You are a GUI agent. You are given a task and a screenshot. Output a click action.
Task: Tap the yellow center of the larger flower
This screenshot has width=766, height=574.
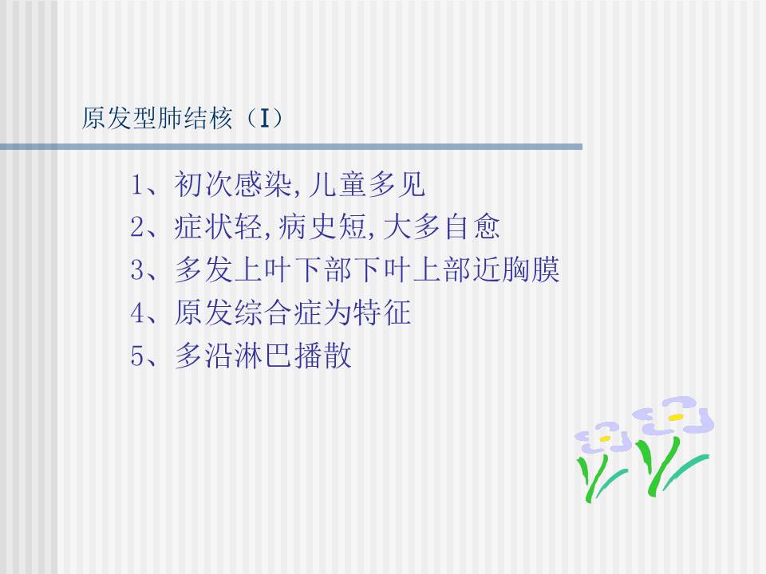(676, 417)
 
